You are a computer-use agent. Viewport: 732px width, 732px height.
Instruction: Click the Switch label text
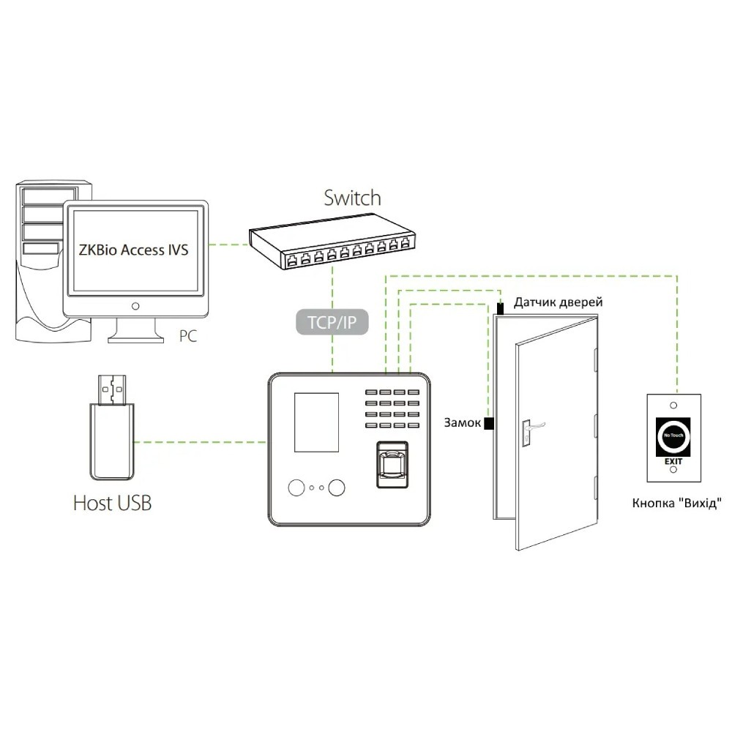353,198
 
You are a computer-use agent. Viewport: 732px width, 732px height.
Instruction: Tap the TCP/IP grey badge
332,321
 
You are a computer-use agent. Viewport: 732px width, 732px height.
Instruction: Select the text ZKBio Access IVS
133,250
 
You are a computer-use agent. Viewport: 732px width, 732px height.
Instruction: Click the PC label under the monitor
189,336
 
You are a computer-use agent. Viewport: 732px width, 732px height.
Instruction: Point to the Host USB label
112,503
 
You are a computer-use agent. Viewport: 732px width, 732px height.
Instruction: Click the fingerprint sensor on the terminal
392,464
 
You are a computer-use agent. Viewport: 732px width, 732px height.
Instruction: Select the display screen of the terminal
317,422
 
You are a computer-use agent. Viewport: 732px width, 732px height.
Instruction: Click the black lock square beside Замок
489,423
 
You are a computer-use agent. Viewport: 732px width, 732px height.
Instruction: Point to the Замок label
462,423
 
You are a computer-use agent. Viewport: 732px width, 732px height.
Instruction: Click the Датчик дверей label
558,302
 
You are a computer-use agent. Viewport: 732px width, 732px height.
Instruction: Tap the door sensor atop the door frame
501,308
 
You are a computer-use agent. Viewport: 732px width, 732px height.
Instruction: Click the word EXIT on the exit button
673,462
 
